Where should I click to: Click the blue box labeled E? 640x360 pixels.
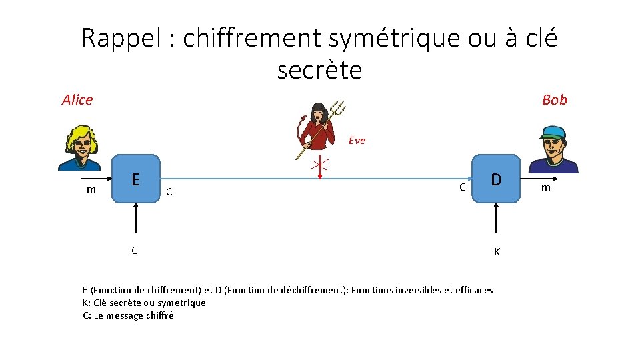click(136, 179)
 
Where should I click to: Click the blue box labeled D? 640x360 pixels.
click(496, 179)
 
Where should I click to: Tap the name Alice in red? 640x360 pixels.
click(77, 100)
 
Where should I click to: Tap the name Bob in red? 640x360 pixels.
click(554, 100)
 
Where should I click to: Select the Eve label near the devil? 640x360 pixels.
click(357, 141)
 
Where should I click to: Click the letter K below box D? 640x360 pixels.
click(497, 252)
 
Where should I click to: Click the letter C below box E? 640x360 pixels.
click(135, 251)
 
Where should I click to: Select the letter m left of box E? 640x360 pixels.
click(91, 190)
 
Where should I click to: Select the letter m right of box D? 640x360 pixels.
click(545, 187)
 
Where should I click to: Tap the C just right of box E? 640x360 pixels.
click(170, 192)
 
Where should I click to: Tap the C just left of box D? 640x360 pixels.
click(461, 187)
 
